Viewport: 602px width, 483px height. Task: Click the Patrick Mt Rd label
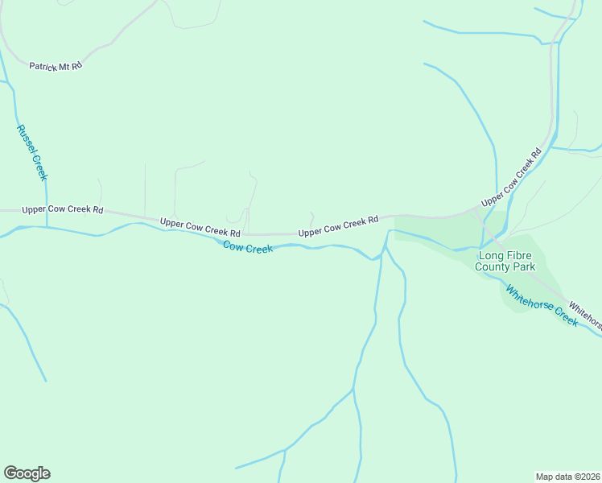(x=56, y=66)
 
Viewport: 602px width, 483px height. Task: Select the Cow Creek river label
(x=248, y=248)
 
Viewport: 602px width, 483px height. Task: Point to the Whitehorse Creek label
(x=542, y=304)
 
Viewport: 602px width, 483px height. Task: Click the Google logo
(x=27, y=473)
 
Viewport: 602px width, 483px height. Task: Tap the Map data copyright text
(x=568, y=476)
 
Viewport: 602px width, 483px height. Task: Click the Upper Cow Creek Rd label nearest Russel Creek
(x=63, y=209)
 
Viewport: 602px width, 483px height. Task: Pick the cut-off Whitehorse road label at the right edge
(x=585, y=314)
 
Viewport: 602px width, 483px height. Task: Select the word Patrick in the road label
(x=43, y=66)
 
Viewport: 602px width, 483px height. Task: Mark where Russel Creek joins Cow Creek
(x=46, y=227)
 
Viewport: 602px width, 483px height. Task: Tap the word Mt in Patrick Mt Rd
(x=65, y=66)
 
